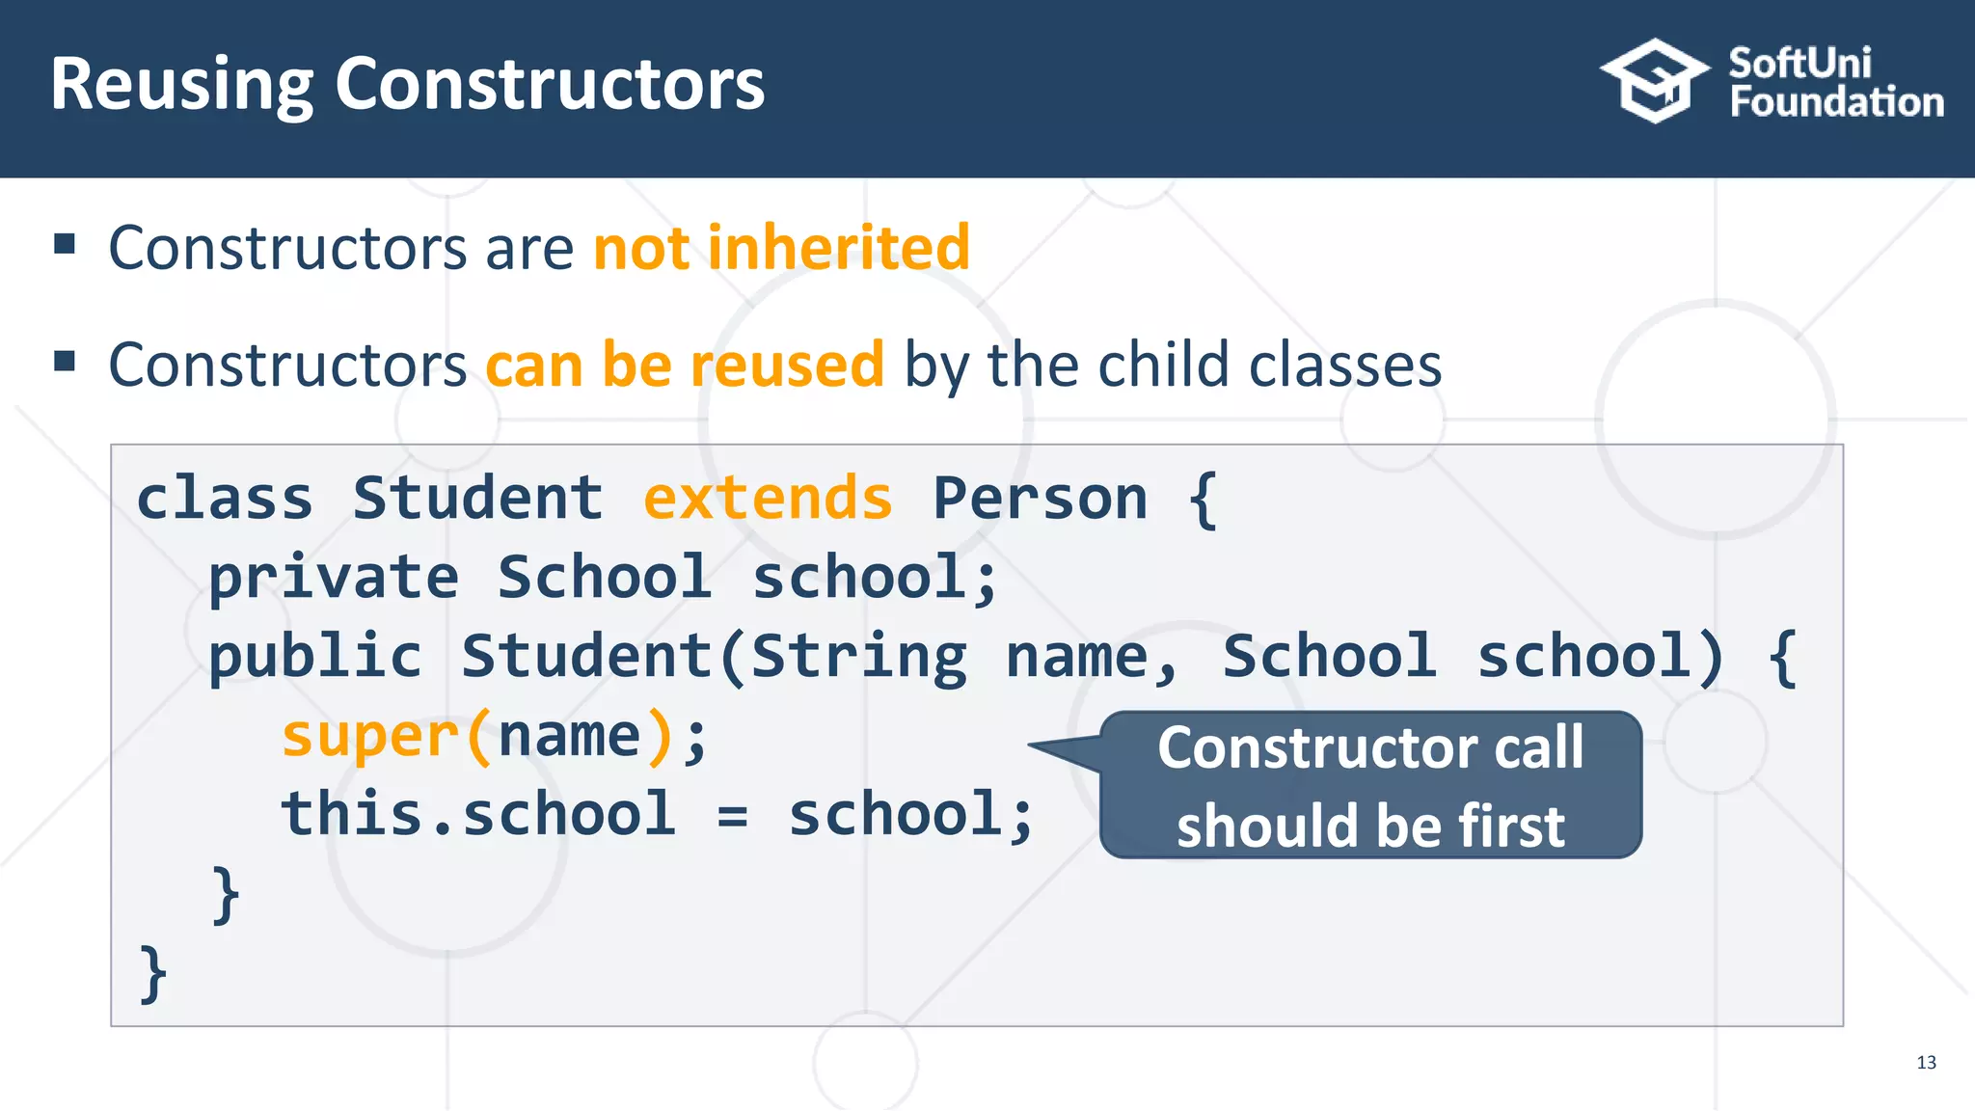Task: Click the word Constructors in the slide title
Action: (x=549, y=85)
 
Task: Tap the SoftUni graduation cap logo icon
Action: (x=1655, y=81)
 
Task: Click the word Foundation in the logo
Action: (x=1836, y=102)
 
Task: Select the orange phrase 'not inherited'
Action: (x=781, y=248)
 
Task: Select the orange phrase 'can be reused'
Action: (x=685, y=366)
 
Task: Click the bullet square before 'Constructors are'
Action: (x=65, y=244)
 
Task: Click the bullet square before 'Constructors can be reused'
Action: (x=65, y=362)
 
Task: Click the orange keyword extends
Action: (x=768, y=499)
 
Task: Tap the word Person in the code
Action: (x=1040, y=499)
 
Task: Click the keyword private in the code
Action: (x=334, y=579)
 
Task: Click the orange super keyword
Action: (x=369, y=737)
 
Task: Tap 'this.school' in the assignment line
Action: (x=478, y=815)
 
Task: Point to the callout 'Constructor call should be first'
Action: (x=1369, y=785)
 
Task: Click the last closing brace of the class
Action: (x=153, y=974)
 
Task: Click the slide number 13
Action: (x=1926, y=1063)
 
